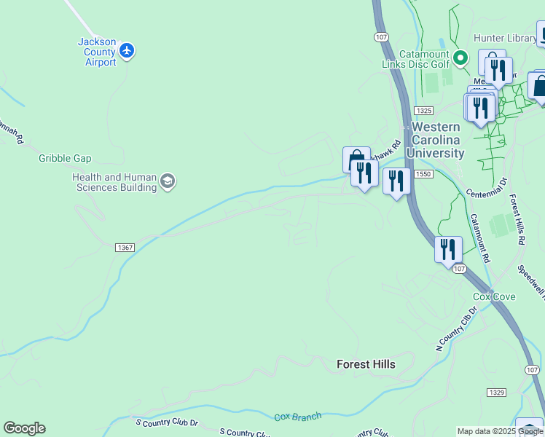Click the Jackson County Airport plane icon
pos(128,51)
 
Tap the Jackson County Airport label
pos(97,52)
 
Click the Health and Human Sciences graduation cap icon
pos(168,181)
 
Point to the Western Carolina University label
pos(437,140)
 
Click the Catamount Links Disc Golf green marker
pos(460,57)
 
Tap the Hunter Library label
pos(504,38)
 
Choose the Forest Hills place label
pos(366,364)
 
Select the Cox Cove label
pos(494,296)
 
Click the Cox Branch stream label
pos(297,417)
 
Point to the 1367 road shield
pos(125,248)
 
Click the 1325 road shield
pos(423,110)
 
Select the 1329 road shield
pos(496,393)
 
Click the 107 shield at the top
pos(380,36)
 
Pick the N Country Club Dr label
pos(456,329)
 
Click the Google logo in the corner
pos(24,428)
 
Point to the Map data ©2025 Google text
pos(501,431)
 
